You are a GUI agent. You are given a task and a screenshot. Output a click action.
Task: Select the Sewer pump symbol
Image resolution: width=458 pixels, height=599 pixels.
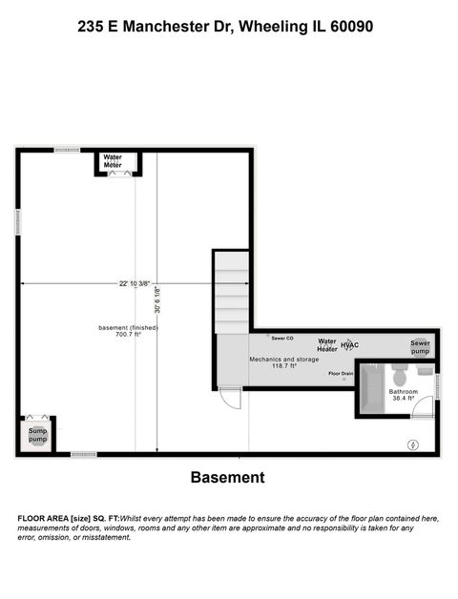[x=421, y=346]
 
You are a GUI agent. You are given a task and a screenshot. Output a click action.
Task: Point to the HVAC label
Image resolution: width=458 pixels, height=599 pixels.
[x=349, y=343]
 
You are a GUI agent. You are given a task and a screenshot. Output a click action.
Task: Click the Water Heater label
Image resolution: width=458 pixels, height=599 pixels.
[x=327, y=344]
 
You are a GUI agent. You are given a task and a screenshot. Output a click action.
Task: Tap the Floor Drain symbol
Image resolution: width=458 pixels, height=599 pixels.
[x=343, y=379]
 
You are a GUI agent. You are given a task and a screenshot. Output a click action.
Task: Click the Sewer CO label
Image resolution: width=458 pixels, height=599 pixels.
[x=281, y=338]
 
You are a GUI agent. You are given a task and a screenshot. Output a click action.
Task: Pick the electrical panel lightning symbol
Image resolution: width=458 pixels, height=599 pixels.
[x=413, y=444]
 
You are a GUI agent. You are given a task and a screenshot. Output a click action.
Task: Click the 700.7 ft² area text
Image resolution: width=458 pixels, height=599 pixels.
[x=128, y=335]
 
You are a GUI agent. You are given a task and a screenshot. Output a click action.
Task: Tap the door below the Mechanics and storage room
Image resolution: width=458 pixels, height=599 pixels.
[x=230, y=399]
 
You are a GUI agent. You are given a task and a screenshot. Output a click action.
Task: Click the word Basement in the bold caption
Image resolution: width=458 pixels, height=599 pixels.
[x=227, y=477]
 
